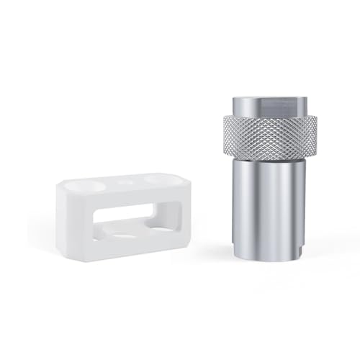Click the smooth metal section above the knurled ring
pos(269,108)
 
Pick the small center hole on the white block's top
pos(127,181)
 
